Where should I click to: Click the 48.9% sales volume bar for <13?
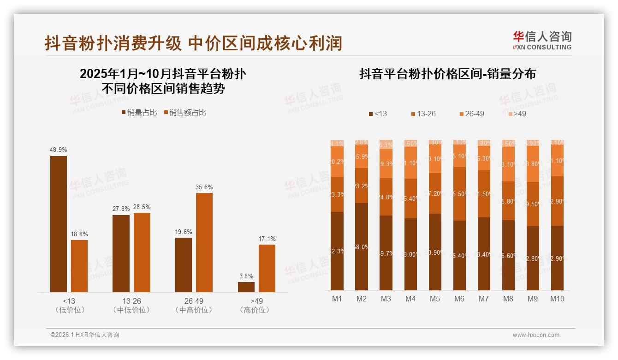click(59, 224)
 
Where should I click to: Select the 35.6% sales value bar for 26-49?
click(204, 242)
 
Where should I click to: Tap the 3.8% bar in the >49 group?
click(246, 287)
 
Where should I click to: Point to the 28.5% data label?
click(142, 207)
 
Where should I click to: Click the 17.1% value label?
click(267, 239)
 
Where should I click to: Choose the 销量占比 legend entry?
click(139, 112)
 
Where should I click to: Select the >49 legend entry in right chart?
click(517, 114)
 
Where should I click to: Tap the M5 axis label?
click(434, 299)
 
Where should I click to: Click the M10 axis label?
click(557, 299)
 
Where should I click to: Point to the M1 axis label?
click(337, 299)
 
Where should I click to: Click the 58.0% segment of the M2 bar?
click(362, 247)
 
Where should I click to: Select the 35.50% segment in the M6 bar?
click(459, 194)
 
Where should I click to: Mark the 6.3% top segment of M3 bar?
click(386, 144)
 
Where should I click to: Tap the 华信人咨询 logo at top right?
click(542, 40)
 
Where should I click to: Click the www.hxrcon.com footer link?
click(536, 335)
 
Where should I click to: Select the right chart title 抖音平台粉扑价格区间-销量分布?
click(447, 74)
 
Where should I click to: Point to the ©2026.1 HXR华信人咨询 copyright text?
click(84, 335)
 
